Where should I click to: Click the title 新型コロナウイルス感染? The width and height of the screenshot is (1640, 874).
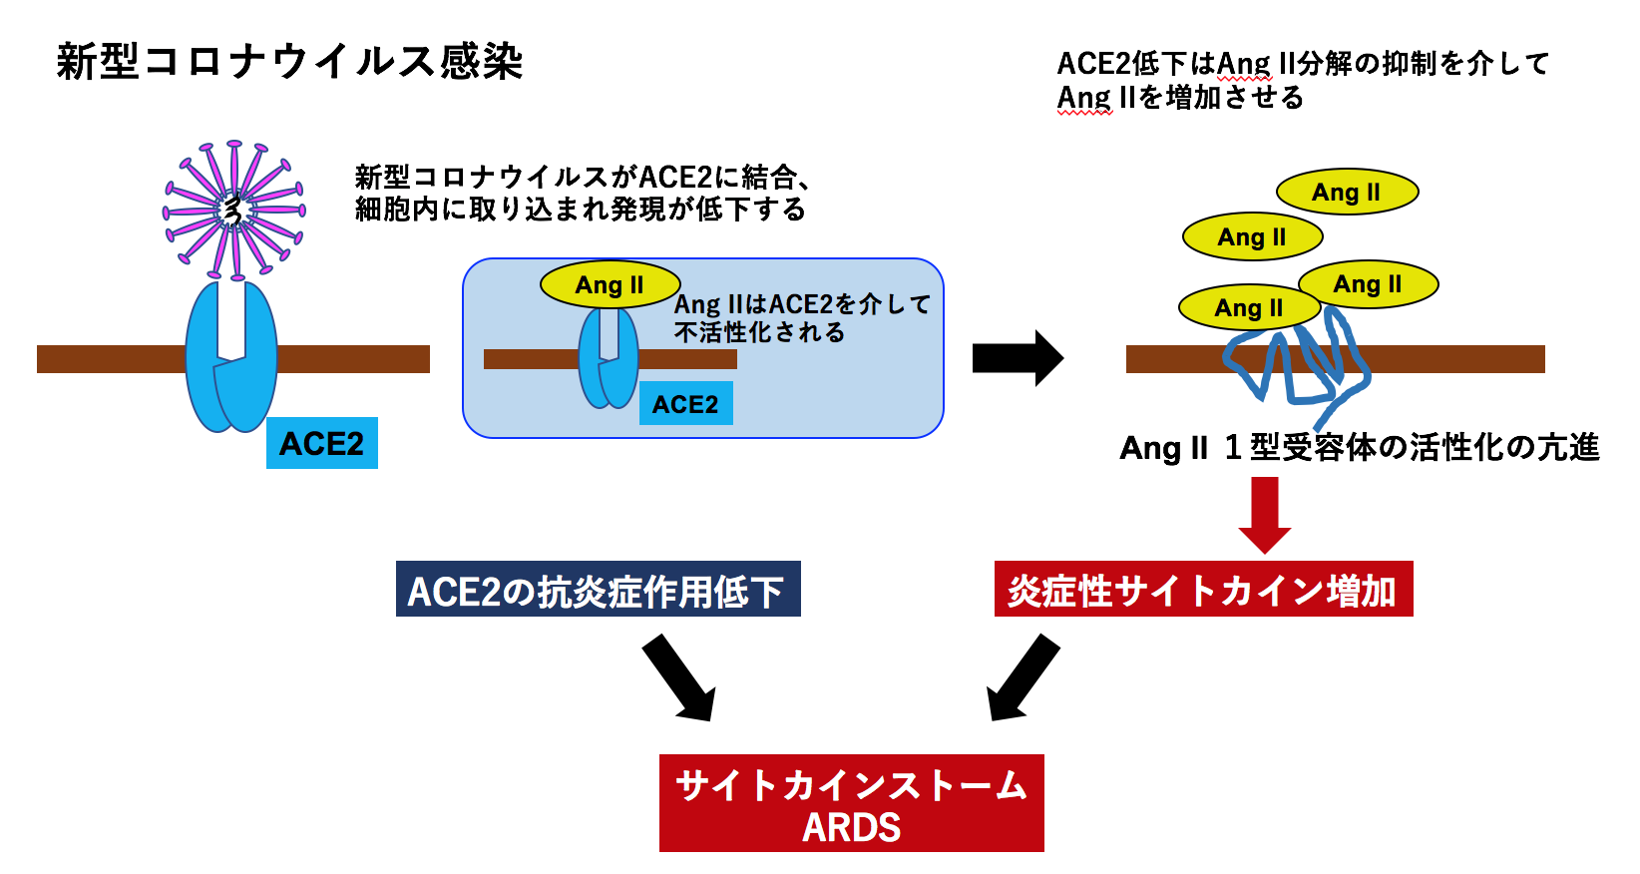[x=289, y=62]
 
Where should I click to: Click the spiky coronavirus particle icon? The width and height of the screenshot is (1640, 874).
[x=233, y=210]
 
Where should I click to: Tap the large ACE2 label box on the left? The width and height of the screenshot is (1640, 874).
[x=321, y=443]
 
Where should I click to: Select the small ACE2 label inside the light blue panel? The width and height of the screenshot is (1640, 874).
[x=685, y=404]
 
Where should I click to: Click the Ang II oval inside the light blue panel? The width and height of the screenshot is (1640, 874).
[x=610, y=285]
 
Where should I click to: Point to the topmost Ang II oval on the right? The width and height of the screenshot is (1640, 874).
[x=1347, y=192]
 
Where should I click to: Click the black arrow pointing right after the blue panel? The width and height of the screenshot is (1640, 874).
[x=1018, y=357]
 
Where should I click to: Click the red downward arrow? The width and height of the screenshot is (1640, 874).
[x=1264, y=514]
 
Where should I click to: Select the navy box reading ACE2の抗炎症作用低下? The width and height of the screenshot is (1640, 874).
[x=598, y=590]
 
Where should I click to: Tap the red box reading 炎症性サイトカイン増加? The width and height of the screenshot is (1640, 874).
[x=1203, y=590]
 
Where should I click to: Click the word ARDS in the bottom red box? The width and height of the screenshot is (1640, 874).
[x=851, y=827]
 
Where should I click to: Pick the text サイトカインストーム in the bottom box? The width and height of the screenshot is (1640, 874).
[x=851, y=785]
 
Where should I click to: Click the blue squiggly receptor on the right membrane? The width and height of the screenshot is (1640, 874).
[x=1297, y=364]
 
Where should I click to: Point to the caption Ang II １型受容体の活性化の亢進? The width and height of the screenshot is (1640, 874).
[x=1359, y=447]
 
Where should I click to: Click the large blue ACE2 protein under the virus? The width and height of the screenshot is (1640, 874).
[x=231, y=359]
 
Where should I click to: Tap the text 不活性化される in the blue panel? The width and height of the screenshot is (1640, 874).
[x=759, y=332]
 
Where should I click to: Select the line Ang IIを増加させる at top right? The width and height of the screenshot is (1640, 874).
[x=1180, y=98]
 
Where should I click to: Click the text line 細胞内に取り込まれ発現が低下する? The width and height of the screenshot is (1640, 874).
[x=580, y=210]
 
